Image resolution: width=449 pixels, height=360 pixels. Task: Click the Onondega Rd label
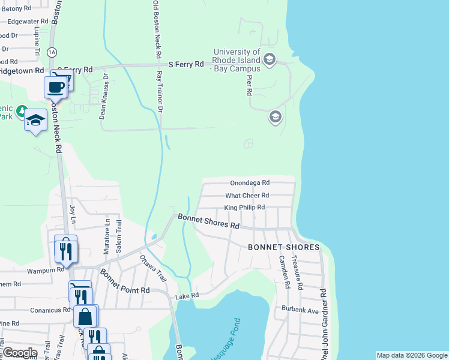250,183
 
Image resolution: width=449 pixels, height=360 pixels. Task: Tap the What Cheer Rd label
247,196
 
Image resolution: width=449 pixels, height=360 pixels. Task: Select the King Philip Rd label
244,208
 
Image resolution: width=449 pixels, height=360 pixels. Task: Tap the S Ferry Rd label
186,64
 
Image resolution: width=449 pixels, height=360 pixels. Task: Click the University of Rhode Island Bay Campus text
237,60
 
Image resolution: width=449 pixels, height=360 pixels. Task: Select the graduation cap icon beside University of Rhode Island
269,59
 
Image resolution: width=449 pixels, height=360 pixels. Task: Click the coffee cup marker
55,86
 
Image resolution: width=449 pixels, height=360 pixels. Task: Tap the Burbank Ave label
300,310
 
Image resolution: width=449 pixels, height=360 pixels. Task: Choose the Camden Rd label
283,273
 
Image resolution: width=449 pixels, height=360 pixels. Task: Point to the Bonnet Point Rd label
125,281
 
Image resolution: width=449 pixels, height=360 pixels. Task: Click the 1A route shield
52,52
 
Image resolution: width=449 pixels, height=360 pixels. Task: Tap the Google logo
20,353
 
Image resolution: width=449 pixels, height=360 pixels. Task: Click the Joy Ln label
73,212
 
